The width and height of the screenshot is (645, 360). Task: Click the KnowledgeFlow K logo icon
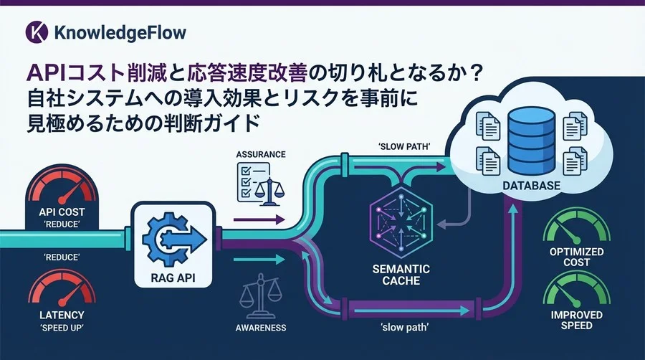37,32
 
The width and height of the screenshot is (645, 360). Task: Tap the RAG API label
173,278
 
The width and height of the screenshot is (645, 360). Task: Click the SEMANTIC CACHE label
401,275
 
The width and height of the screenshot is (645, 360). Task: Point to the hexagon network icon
401,223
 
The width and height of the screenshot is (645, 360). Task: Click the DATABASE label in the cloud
532,186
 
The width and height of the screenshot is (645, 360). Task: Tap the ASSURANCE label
261,154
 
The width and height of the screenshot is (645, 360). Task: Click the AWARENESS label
261,328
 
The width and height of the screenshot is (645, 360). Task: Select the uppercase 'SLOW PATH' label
404,147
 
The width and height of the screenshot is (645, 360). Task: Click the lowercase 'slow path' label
405,328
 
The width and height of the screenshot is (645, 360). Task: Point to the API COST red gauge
62,188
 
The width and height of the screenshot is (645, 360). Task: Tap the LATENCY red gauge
62,290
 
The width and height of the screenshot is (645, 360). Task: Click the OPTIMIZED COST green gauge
577,227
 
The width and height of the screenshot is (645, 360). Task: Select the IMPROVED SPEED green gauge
577,291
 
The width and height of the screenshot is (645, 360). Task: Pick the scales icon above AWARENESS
260,296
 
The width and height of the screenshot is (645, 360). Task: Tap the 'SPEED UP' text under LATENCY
62,328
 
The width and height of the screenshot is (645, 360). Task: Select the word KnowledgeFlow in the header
120,32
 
